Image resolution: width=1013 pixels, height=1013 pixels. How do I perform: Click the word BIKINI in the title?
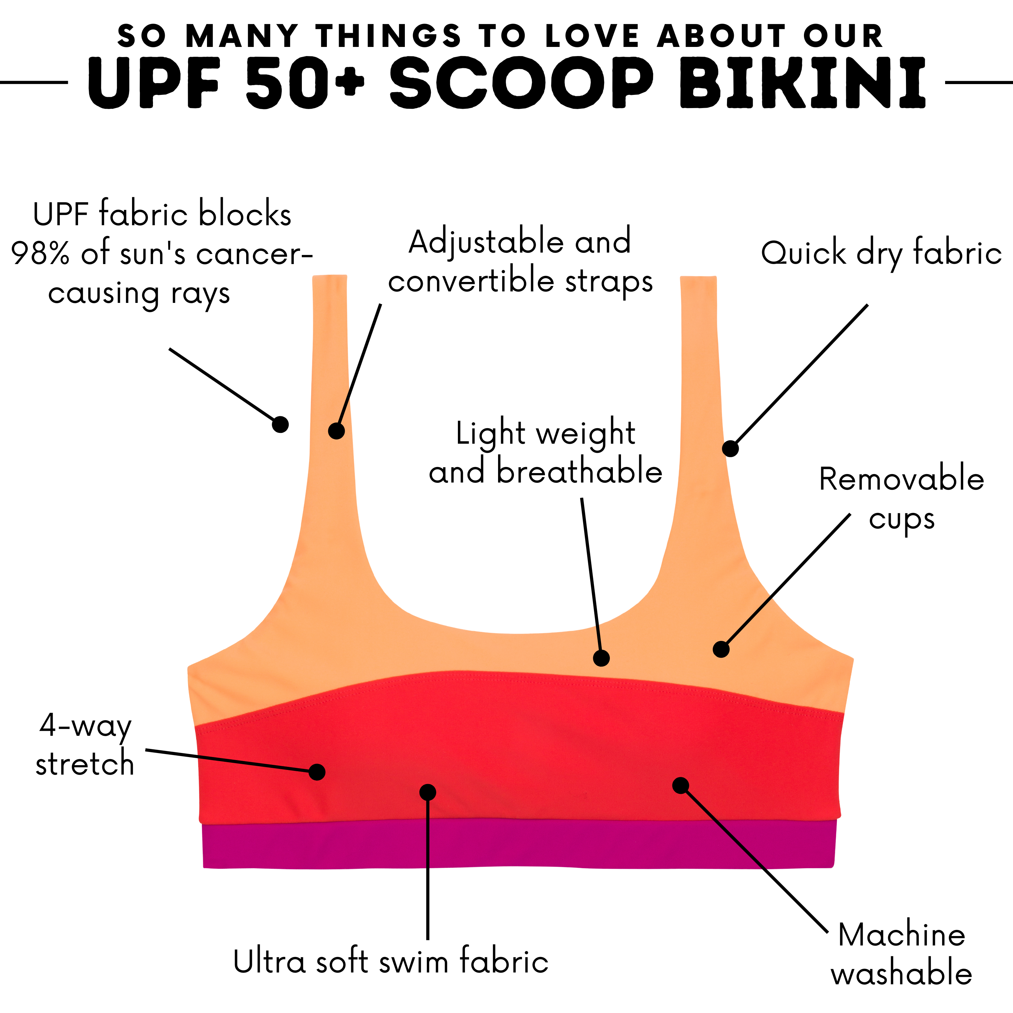(802, 83)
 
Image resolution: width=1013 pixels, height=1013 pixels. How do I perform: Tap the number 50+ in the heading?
(305, 83)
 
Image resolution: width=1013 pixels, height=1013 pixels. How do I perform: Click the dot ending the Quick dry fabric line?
(730, 448)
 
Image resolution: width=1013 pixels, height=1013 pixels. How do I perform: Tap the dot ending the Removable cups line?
(721, 649)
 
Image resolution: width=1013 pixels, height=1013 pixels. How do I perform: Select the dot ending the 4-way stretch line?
(317, 772)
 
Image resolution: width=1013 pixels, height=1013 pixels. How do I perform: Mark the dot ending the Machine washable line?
(681, 785)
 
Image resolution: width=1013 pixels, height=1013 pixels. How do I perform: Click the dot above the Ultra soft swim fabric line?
(428, 792)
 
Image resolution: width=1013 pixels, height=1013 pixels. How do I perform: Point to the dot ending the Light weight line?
(601, 658)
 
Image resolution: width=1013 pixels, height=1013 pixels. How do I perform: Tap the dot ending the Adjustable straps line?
(336, 431)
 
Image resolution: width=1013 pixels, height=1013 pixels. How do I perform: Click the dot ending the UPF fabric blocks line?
(281, 424)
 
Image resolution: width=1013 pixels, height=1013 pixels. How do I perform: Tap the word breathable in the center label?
(579, 471)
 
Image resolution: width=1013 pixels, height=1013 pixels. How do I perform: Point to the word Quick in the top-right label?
(803, 254)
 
